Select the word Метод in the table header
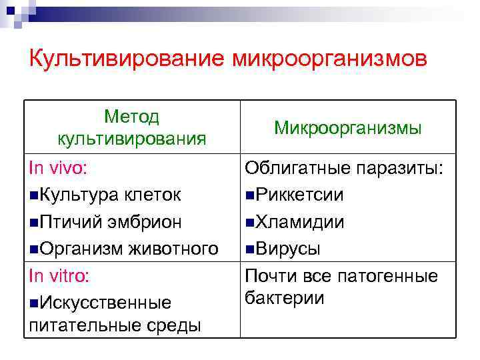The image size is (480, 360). (132, 117)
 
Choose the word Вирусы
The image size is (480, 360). (287, 249)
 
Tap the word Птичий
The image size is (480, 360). (69, 221)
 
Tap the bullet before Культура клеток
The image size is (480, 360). (34, 195)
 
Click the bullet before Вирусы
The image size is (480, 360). (249, 249)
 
